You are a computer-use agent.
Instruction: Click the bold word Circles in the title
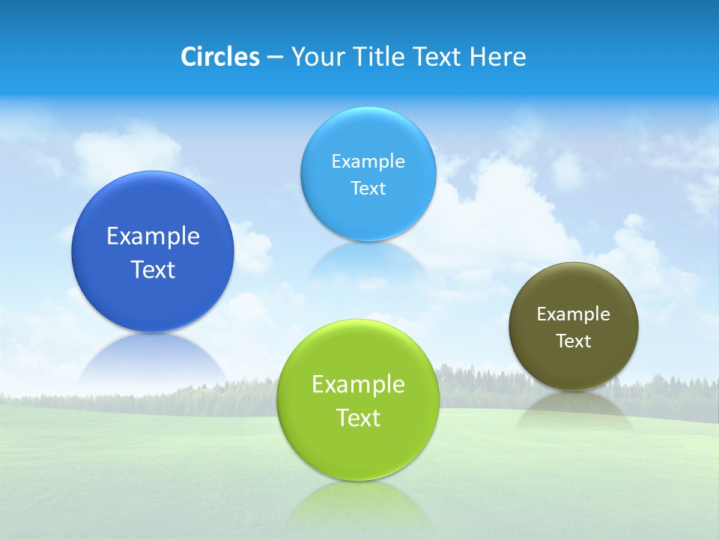(219, 57)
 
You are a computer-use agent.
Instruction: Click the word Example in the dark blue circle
(153, 237)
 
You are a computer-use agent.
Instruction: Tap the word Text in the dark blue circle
(153, 269)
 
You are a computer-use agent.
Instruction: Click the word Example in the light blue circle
(368, 161)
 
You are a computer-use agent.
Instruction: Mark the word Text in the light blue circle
(368, 188)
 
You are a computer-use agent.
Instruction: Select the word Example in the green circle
(358, 384)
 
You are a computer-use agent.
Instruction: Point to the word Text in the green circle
(358, 418)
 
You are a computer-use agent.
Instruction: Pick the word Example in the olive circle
(573, 314)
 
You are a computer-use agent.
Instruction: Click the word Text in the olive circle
(573, 341)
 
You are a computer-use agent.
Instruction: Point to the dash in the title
(275, 58)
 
